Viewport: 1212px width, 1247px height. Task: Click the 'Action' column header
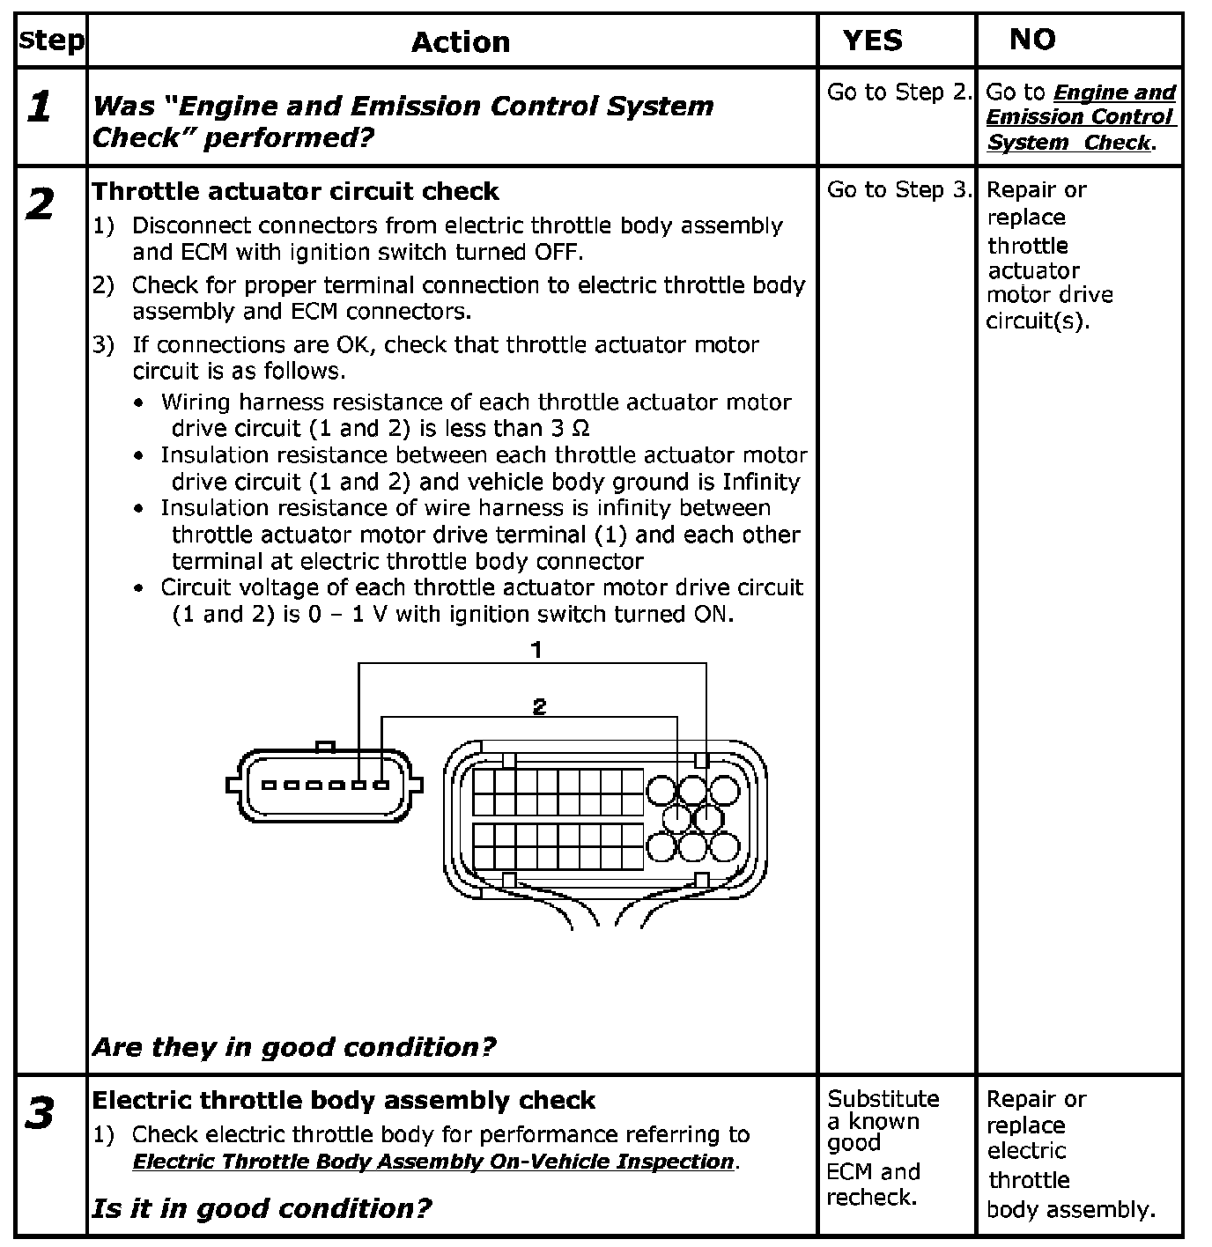(x=460, y=42)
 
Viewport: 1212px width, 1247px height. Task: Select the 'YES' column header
(x=872, y=41)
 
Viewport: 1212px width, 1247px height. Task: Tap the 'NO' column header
(x=1032, y=40)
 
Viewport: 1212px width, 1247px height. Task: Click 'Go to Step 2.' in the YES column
(x=898, y=92)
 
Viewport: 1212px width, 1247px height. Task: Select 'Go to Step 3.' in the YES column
(x=898, y=189)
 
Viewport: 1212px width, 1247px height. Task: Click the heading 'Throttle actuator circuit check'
(x=295, y=191)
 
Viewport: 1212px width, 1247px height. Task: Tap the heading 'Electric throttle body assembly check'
(x=344, y=1100)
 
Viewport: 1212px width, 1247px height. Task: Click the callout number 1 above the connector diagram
(x=536, y=650)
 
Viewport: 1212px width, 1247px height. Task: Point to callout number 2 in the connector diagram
(x=539, y=705)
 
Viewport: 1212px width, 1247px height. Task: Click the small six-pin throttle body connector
(x=324, y=785)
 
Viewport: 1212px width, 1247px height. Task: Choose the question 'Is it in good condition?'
(x=262, y=1207)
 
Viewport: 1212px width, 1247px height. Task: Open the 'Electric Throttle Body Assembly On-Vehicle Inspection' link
(x=433, y=1162)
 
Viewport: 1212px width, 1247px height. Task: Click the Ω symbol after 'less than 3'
(x=580, y=429)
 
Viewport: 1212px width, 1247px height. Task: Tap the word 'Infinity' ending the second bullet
(x=761, y=482)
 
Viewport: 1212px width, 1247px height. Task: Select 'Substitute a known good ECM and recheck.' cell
(x=883, y=1147)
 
